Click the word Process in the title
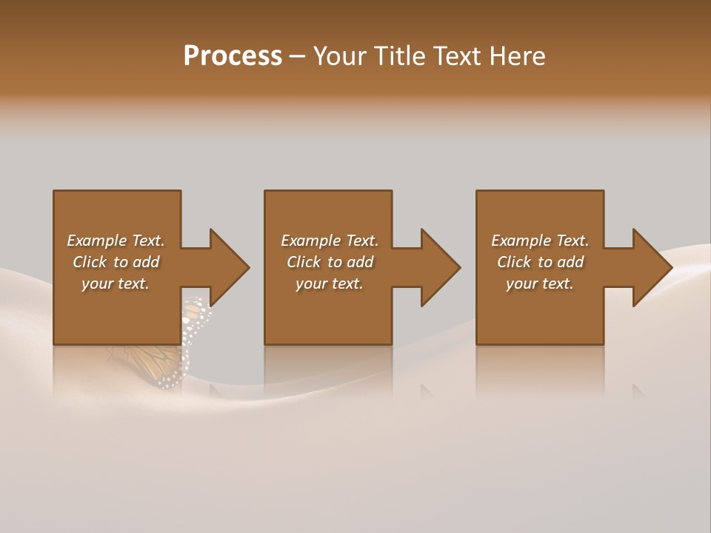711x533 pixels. pyautogui.click(x=233, y=56)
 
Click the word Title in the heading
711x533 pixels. pyautogui.click(x=398, y=56)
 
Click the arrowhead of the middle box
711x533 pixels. pyautogui.click(x=439, y=267)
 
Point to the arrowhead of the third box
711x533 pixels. pyautogui.click(x=650, y=267)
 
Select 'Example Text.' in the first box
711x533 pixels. pyautogui.click(x=116, y=241)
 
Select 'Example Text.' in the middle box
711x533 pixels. pyautogui.click(x=330, y=241)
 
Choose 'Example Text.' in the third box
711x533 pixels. pyautogui.click(x=540, y=241)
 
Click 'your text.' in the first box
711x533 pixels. pyautogui.click(x=116, y=284)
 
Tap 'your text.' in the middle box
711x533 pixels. pyautogui.click(x=330, y=284)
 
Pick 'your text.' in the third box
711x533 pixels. pyautogui.click(x=540, y=284)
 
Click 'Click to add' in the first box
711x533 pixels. pyautogui.click(x=116, y=262)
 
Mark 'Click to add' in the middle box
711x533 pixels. pyautogui.click(x=330, y=262)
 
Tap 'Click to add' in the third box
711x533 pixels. pyautogui.click(x=540, y=262)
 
